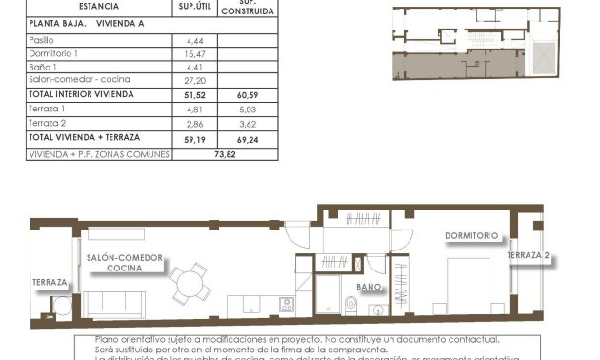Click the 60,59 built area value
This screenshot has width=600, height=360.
coord(248,95)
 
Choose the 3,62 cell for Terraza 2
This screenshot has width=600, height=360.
coord(248,124)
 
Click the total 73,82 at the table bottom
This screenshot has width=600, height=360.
coord(225,153)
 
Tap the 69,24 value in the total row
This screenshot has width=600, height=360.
coord(248,139)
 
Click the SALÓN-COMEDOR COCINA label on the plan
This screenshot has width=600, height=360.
coord(124,264)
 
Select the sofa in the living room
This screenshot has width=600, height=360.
coord(119,304)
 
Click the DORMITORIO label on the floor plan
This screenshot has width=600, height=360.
coord(470,235)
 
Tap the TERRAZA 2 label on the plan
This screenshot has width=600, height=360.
coord(529,256)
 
